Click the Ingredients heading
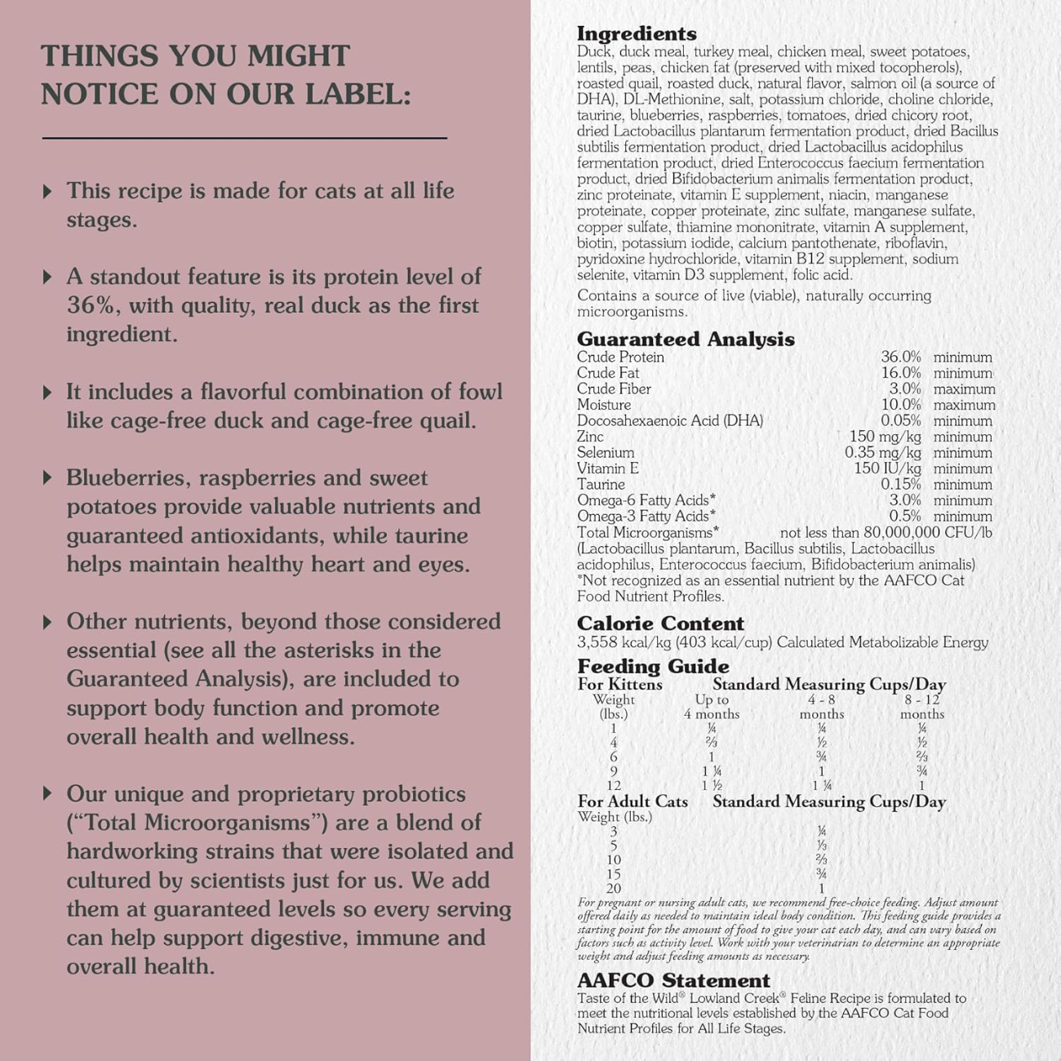click(x=637, y=33)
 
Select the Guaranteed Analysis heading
click(x=686, y=339)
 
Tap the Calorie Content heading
click(x=660, y=624)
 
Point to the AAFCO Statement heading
click(x=673, y=980)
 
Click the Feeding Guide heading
click(x=653, y=666)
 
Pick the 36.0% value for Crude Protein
click(x=900, y=357)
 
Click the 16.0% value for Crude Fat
click(x=900, y=373)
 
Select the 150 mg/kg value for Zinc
click(x=885, y=437)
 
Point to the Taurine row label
click(x=601, y=485)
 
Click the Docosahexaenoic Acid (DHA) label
click(x=670, y=421)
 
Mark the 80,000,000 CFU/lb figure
click(x=917, y=533)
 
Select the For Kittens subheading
click(x=620, y=685)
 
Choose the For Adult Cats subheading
click(x=633, y=801)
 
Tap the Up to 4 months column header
click(x=712, y=707)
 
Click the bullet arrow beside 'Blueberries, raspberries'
click(x=47, y=477)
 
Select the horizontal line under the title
click(x=244, y=139)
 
